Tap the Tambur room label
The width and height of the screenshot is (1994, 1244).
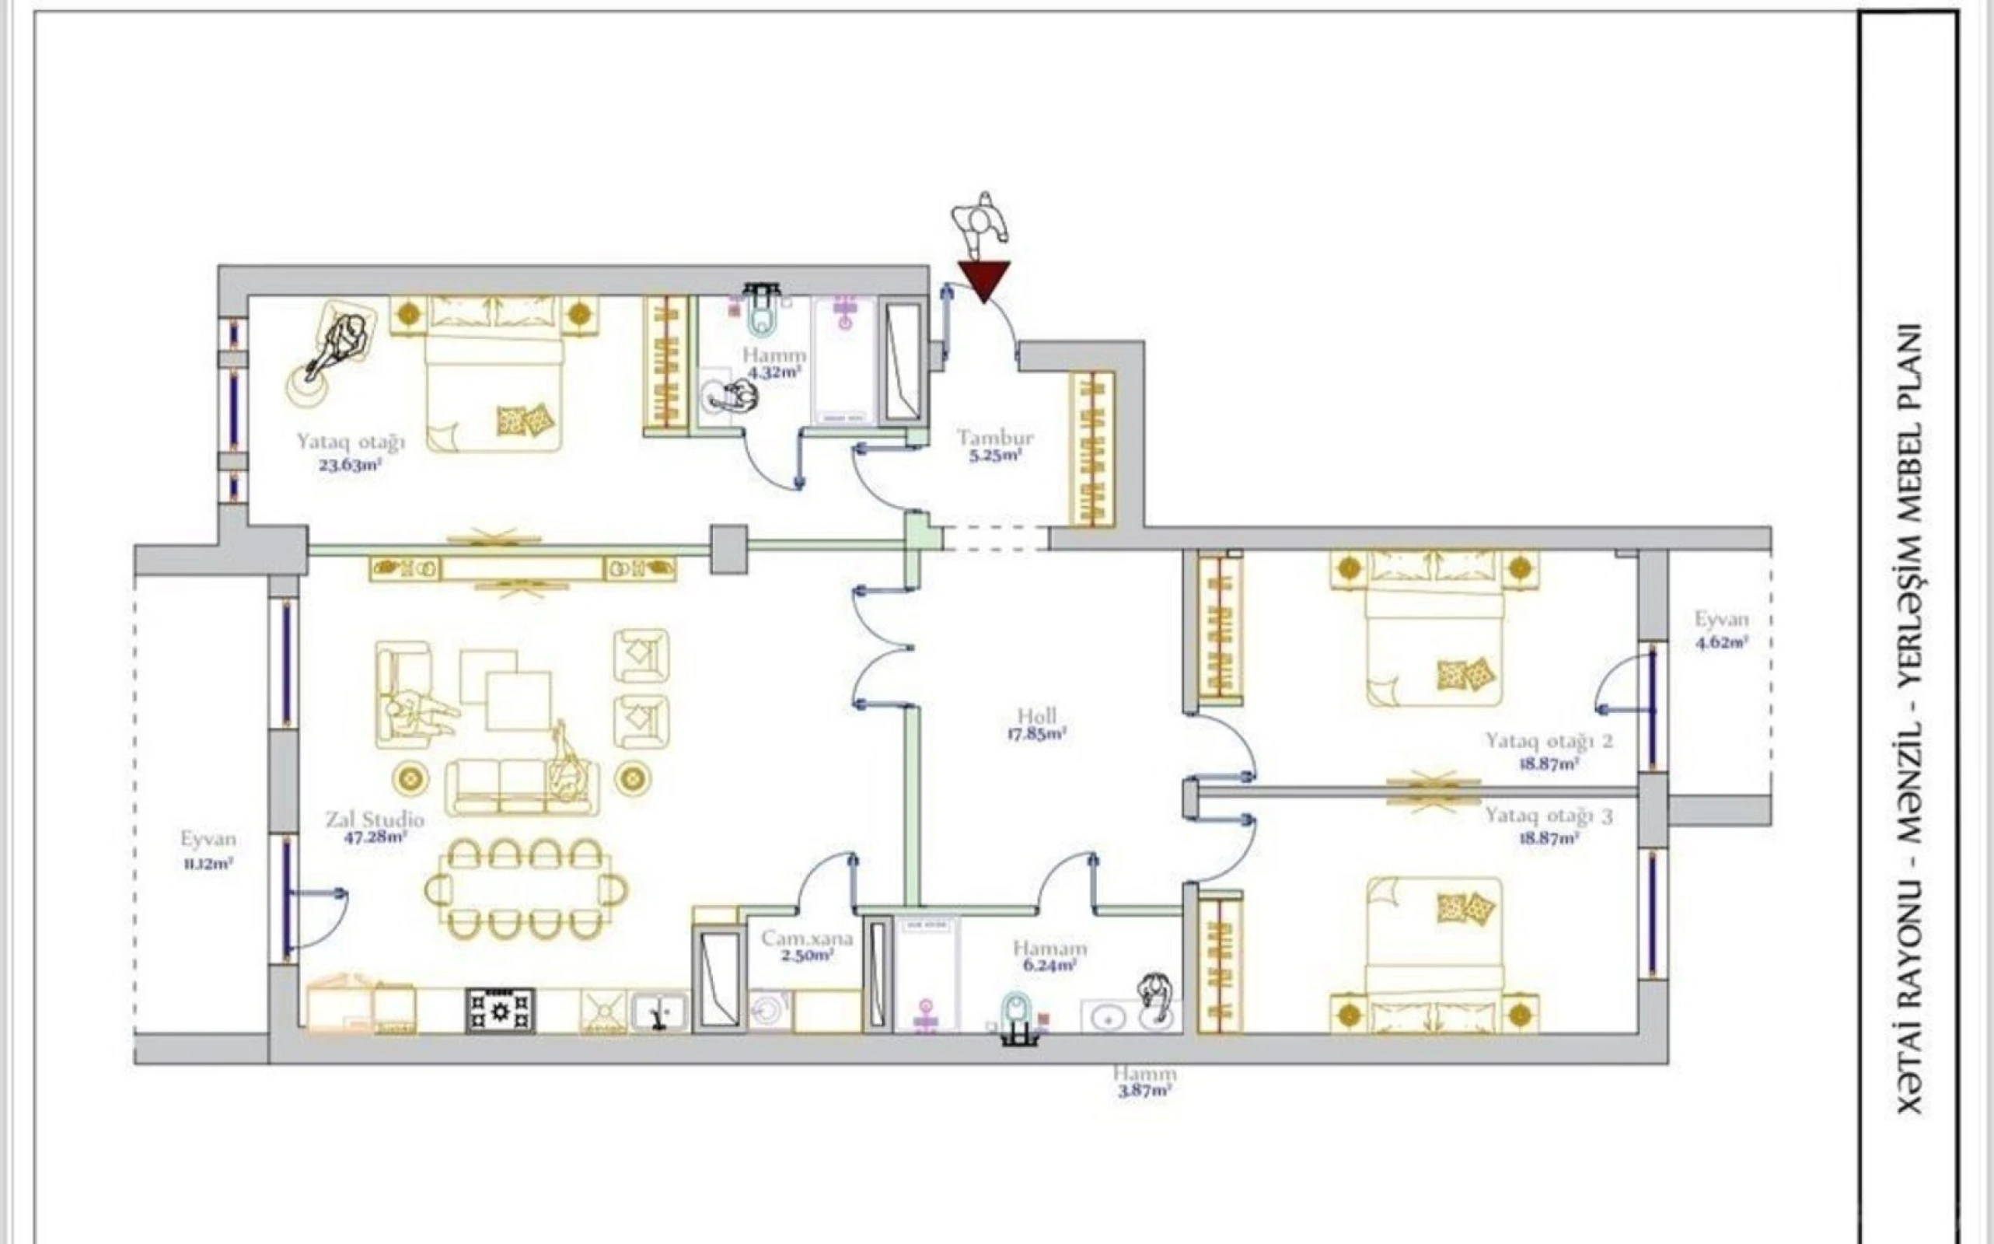pyautogui.click(x=995, y=438)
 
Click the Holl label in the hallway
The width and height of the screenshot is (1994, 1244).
pyautogui.click(x=1036, y=716)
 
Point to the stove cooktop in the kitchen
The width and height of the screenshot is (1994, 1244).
pyautogui.click(x=499, y=1010)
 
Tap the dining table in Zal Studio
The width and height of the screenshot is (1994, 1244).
pyautogui.click(x=526, y=889)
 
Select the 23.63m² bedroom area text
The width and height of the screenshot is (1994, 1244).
pyautogui.click(x=350, y=465)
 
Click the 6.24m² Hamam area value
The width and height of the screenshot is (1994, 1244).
pyautogui.click(x=1049, y=966)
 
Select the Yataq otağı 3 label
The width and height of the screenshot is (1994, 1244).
pyautogui.click(x=1548, y=816)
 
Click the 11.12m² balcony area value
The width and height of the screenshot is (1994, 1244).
pyautogui.click(x=208, y=865)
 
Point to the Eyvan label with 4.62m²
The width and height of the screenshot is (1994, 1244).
pyautogui.click(x=1721, y=620)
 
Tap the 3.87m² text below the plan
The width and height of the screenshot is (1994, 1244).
pyautogui.click(x=1144, y=1092)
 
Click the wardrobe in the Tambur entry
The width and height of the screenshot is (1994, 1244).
pyautogui.click(x=1091, y=449)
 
